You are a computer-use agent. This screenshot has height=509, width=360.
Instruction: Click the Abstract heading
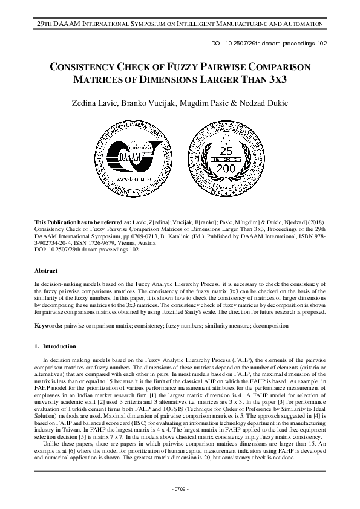point(46,271)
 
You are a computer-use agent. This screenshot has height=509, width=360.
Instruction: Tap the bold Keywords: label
point(48,325)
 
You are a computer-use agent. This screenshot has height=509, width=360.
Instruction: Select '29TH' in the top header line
point(46,22)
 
